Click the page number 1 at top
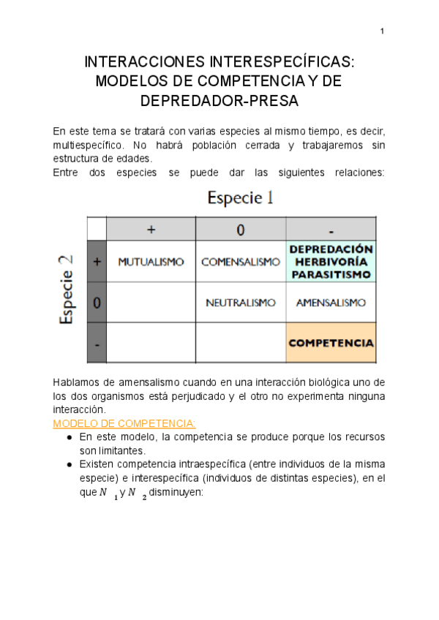382,31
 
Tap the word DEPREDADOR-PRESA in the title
219,101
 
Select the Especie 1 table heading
241,197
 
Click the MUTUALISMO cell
151,262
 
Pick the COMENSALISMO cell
241,262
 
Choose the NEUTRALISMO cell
241,302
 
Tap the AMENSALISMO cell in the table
331,302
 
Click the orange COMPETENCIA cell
331,342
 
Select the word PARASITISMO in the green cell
331,275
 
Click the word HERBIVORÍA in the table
331,262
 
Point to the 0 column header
241,230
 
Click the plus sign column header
151,230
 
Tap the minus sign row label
97,343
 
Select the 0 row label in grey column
97,302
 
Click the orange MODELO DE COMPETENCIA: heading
124,423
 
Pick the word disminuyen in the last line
174,492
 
